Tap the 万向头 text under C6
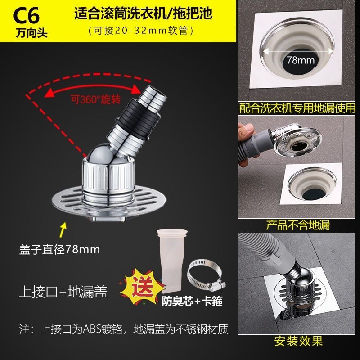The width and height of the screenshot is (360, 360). click(31, 32)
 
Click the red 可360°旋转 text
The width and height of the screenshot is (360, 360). click(96, 99)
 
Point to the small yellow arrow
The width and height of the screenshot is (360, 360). click(63, 229)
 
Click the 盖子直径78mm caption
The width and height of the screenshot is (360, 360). click(59, 250)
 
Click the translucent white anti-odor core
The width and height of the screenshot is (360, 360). click(171, 260)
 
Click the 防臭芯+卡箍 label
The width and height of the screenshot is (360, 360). click(192, 301)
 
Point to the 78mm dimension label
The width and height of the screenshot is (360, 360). click(301, 60)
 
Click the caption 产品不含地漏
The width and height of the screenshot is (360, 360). click(298, 225)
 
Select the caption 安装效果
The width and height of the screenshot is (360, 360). click(298, 341)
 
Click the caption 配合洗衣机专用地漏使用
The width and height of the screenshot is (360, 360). click(297, 108)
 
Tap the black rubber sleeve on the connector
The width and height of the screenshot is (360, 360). click(138, 120)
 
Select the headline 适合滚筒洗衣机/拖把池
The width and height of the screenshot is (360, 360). click(144, 13)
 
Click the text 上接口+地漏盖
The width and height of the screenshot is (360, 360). click(63, 292)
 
